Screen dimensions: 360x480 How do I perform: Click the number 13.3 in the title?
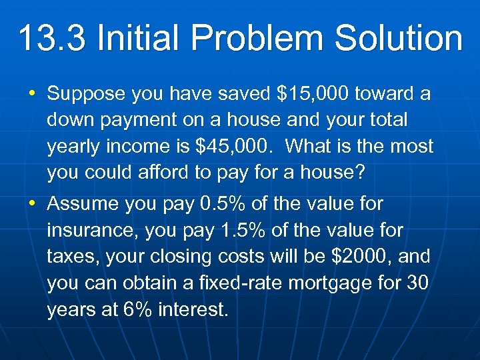[52, 38]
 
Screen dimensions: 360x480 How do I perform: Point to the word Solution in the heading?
[398, 38]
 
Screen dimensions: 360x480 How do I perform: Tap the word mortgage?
[326, 283]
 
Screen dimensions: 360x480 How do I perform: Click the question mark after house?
[360, 172]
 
